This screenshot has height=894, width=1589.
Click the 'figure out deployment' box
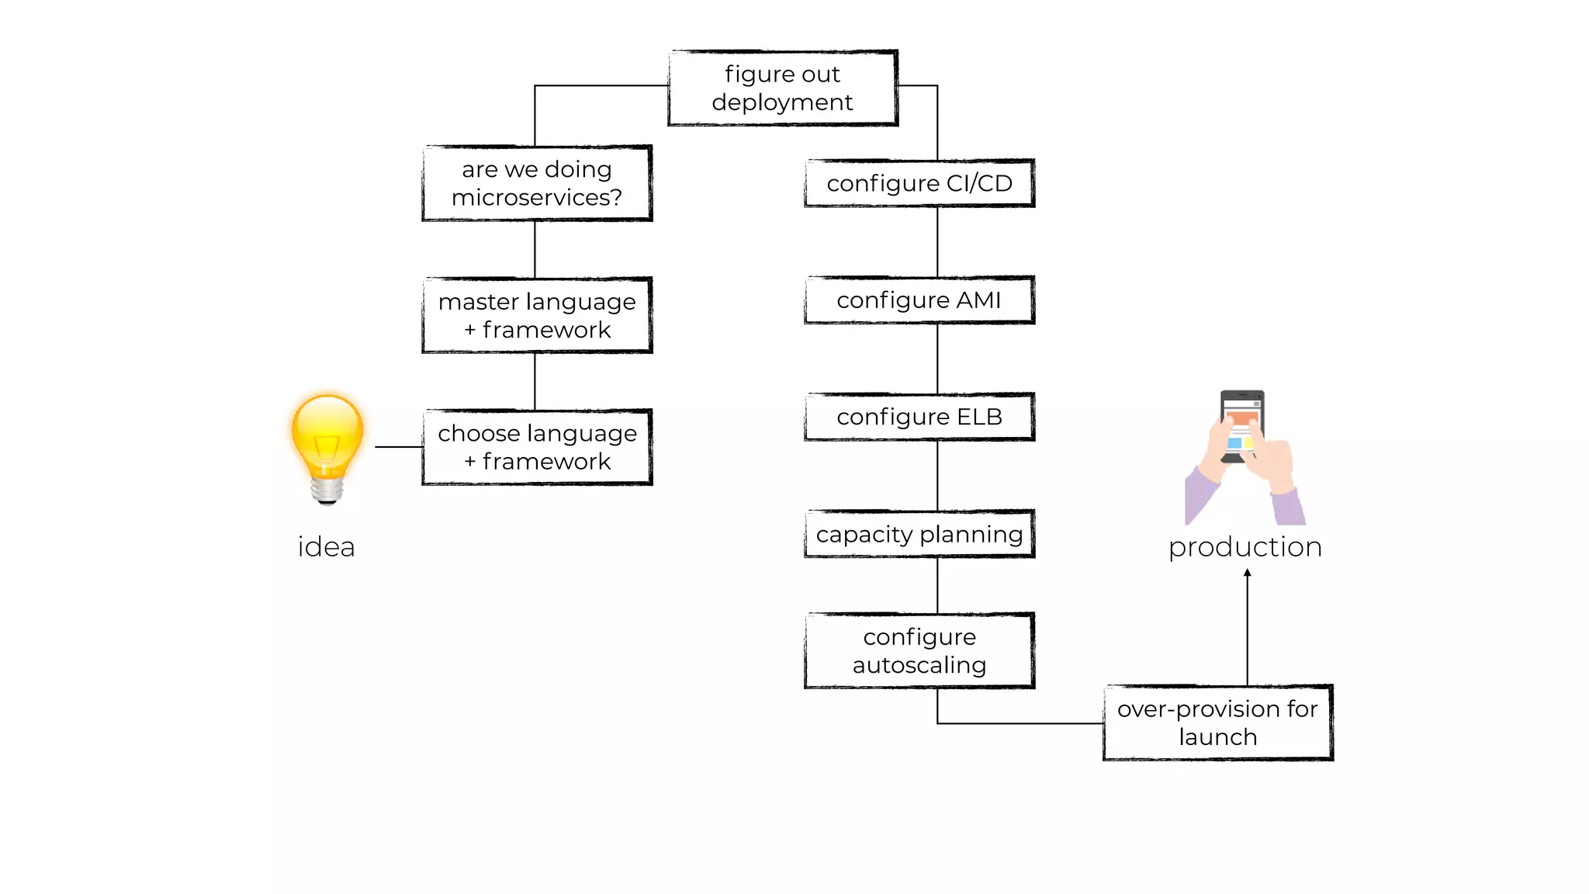coord(782,88)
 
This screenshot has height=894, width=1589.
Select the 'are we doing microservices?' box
coord(537,183)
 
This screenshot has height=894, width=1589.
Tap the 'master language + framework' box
coord(537,315)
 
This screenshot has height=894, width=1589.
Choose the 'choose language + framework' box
coord(537,447)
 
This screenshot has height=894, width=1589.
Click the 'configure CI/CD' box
coord(919,183)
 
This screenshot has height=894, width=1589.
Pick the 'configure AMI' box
coord(919,300)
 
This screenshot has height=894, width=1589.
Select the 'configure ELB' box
coord(919,417)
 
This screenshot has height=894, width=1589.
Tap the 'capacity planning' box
coord(919,534)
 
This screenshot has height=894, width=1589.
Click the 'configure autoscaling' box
coord(919,650)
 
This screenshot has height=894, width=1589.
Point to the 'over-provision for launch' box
coord(1217,722)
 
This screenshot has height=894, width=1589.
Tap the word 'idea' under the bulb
coord(326,547)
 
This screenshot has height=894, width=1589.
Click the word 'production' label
coord(1245,547)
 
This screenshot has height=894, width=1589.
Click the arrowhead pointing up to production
coord(1247,573)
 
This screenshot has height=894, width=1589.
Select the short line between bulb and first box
coord(399,447)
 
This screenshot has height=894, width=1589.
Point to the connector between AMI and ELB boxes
coord(937,359)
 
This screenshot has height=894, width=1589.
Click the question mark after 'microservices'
coord(616,198)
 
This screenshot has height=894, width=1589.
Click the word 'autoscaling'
coord(919,665)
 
